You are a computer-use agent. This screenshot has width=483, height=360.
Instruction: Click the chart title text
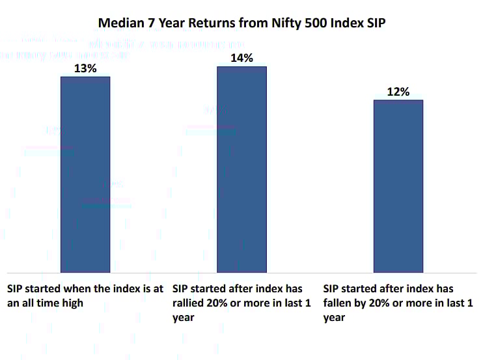click(241, 23)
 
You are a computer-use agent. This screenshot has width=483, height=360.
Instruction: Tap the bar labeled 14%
click(241, 169)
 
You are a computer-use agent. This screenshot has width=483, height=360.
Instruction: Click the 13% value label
click(85, 68)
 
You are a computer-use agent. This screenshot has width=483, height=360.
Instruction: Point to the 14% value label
click(241, 58)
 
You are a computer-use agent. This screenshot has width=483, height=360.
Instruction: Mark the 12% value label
click(398, 92)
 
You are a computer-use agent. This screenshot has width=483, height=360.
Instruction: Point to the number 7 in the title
click(148, 23)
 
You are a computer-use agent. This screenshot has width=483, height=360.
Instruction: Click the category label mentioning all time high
click(85, 295)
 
